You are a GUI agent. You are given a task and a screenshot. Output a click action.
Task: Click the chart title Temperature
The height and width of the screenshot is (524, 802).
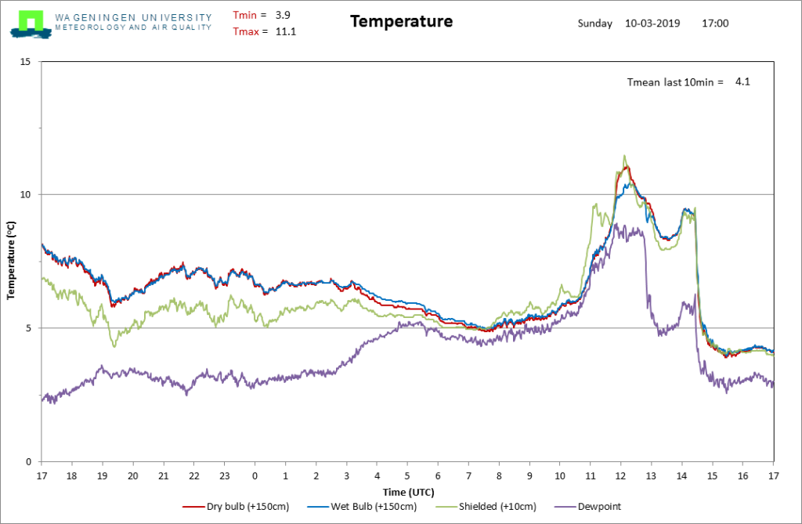(x=402, y=21)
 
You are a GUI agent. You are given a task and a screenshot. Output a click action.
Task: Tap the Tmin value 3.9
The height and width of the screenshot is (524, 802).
(x=283, y=16)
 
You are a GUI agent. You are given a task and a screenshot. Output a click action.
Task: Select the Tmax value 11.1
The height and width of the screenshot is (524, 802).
(x=285, y=32)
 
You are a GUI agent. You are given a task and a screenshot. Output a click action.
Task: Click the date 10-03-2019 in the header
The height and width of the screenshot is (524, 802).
(x=652, y=23)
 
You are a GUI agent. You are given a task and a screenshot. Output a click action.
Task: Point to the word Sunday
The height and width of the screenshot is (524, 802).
(x=595, y=23)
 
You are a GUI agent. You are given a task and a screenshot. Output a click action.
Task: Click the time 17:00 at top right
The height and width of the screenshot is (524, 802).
(x=715, y=23)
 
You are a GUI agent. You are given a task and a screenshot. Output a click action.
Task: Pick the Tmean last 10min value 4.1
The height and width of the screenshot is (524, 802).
(x=742, y=81)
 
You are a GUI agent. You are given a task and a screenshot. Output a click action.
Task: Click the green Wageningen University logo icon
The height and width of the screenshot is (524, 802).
(x=31, y=24)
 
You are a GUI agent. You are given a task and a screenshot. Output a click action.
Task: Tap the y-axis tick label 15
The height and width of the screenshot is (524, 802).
(x=25, y=61)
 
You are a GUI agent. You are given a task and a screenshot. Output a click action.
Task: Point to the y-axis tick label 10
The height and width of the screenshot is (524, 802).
(x=25, y=194)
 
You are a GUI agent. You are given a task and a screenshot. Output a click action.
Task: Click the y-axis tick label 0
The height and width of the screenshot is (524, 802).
(x=28, y=461)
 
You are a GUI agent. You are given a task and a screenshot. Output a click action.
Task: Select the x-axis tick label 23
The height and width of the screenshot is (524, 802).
(x=225, y=476)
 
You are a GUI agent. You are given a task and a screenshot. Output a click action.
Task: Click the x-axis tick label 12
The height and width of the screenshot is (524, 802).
(x=620, y=476)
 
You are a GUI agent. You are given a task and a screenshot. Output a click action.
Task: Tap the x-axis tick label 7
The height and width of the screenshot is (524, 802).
(x=468, y=476)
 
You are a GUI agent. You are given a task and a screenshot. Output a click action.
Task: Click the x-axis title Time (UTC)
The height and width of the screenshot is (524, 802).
(x=408, y=492)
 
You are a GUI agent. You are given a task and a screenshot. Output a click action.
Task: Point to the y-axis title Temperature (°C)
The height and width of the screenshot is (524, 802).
(x=11, y=261)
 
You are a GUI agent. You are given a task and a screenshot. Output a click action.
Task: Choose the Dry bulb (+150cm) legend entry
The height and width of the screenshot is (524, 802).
(x=236, y=507)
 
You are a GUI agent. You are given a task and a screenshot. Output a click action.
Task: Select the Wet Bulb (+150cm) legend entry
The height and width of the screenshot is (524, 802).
(x=362, y=507)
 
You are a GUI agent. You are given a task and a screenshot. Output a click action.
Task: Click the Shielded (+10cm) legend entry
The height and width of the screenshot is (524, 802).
(x=486, y=507)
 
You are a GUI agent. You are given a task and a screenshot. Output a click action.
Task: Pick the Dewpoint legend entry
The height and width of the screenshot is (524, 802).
(x=587, y=507)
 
